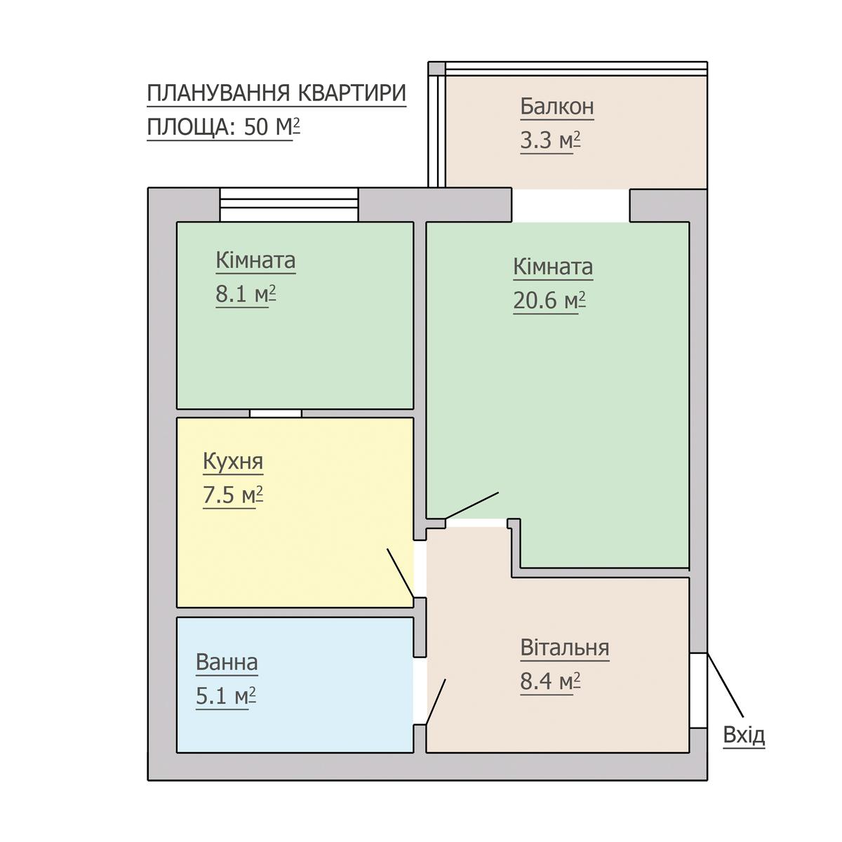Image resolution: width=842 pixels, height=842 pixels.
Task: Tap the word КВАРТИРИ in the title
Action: coord(353,93)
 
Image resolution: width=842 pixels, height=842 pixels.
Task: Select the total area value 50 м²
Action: coord(272,127)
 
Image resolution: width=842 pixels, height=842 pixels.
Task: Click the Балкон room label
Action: coord(556,107)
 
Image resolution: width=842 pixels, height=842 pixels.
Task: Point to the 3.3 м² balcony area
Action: coord(550,141)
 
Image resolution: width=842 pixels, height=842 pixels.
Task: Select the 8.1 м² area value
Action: coord(246,294)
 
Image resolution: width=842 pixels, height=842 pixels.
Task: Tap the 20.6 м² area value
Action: coord(549,300)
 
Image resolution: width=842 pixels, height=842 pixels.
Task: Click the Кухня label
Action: coord(233,462)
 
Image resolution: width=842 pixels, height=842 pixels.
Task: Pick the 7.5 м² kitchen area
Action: coord(233,495)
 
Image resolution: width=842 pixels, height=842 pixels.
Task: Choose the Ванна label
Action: coord(227,662)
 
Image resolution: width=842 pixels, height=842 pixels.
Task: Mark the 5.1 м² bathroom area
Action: coord(225,695)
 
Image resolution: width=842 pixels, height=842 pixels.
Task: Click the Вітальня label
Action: coord(565,648)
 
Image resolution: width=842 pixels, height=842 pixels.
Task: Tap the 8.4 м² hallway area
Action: coord(550,681)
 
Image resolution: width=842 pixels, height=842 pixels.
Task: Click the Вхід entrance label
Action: coord(744,735)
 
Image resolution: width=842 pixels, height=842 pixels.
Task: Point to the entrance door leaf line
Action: coord(725,685)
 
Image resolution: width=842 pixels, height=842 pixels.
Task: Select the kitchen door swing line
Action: coord(400,573)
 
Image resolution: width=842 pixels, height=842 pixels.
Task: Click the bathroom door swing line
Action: coord(436,702)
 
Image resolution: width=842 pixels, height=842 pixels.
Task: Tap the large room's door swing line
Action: coord(472,505)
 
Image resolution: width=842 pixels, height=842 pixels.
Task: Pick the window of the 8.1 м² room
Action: coord(289,204)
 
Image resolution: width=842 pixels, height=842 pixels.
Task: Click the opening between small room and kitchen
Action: coord(276,413)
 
